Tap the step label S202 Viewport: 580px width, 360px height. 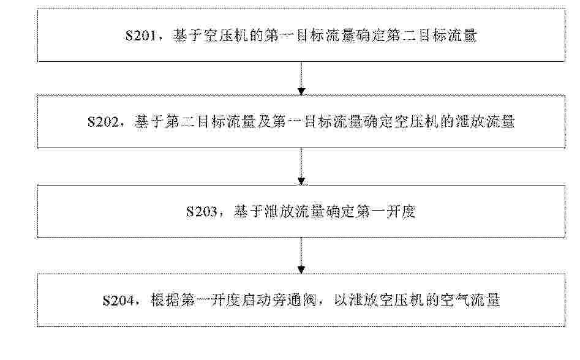[104, 122]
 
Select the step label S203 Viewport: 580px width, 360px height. [201, 212]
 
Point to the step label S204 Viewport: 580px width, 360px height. [118, 301]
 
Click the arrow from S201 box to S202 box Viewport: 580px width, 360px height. [301, 78]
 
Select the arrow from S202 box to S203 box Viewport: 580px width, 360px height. [301, 167]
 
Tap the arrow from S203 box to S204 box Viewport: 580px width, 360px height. [301, 255]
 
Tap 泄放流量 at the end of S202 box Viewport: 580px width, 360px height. [485, 122]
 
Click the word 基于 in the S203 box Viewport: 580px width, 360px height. [249, 212]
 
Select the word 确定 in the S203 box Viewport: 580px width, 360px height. [339, 212]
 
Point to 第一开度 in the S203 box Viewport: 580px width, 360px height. [385, 212]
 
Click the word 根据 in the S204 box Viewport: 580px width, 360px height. [165, 301]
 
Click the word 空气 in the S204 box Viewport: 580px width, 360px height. [455, 301]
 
